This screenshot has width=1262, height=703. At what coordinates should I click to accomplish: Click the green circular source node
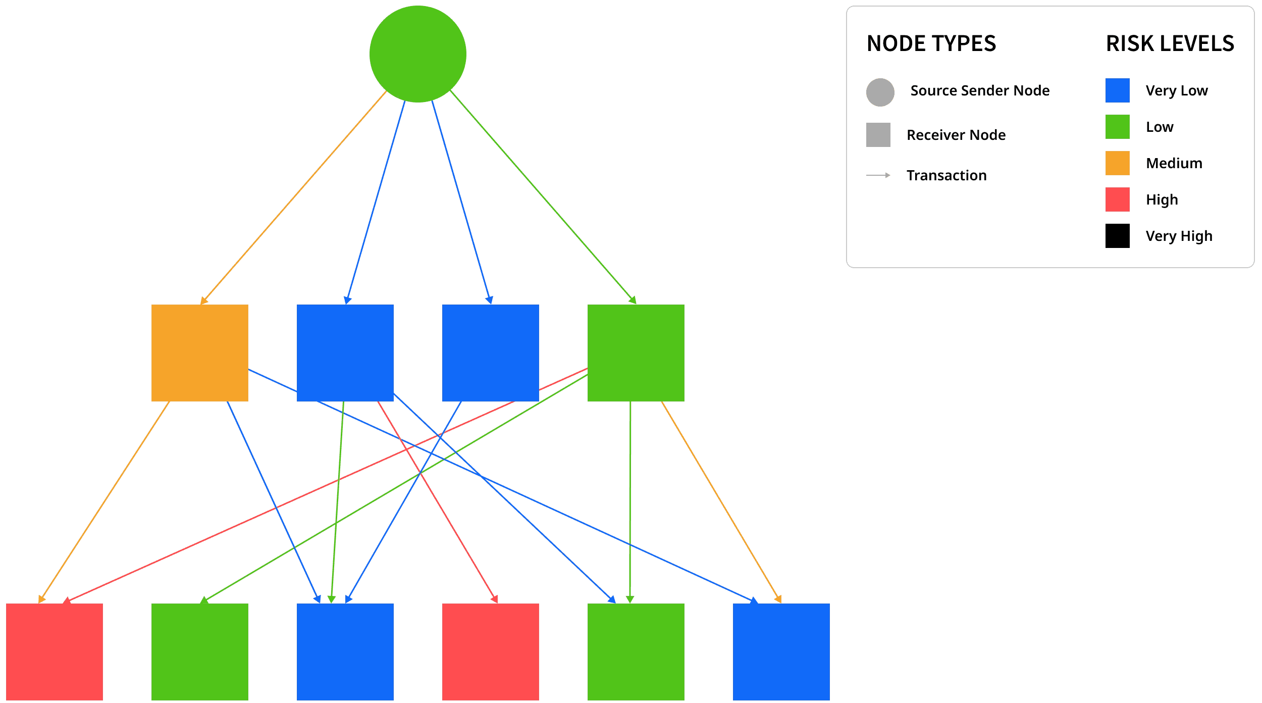coord(417,54)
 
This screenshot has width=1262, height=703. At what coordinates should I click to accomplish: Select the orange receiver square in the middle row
coord(199,353)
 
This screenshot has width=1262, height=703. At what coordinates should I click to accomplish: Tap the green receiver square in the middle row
coord(636,353)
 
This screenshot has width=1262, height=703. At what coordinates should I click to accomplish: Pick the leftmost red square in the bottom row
coord(54,651)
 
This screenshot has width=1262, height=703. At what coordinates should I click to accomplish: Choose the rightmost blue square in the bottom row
coord(781,651)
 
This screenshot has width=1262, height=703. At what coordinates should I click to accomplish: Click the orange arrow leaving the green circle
coord(293,198)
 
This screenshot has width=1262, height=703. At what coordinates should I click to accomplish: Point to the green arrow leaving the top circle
coord(543,198)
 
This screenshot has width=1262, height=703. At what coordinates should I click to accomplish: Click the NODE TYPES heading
coord(931,43)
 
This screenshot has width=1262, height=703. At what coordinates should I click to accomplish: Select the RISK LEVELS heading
coord(1170,43)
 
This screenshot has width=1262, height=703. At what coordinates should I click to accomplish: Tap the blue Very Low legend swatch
coord(1117,91)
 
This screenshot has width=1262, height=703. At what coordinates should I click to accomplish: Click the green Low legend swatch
coord(1117,127)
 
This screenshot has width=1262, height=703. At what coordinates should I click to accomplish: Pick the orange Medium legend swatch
coord(1117,163)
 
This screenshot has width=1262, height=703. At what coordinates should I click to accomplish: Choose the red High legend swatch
coord(1117,199)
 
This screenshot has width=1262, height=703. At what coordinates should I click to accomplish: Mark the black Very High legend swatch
coord(1117,236)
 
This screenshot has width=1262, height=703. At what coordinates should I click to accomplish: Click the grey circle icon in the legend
coord(880,92)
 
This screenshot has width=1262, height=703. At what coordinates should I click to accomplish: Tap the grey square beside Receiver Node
coord(878,135)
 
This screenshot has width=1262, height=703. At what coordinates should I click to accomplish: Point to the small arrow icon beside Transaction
coord(878,175)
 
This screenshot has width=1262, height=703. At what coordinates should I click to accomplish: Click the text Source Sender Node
coord(980,91)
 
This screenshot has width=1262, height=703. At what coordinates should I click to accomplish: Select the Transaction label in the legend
coord(946,176)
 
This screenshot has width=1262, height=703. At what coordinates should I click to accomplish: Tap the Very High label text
coord(1179,236)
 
